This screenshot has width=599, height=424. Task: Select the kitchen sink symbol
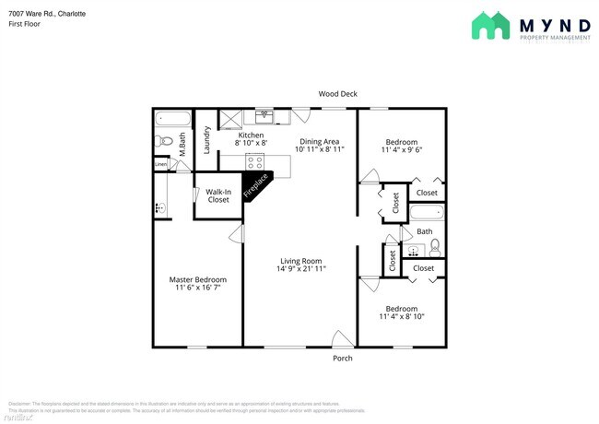coord(265,116)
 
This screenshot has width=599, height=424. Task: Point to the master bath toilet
coord(161,141)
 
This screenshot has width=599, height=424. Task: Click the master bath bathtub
coord(172,118)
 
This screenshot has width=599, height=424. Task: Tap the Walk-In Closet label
coord(218,195)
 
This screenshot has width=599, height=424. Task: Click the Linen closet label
coord(161,164)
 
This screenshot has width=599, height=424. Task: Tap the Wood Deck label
coord(337,94)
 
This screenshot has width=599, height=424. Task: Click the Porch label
coord(342,358)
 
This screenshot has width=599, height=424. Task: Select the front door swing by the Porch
coord(342,338)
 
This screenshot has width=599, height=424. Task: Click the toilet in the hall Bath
coord(435,246)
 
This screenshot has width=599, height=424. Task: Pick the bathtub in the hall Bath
coord(426,215)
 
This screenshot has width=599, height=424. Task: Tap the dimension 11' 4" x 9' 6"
coord(402,149)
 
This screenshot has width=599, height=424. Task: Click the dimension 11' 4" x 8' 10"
coord(401,317)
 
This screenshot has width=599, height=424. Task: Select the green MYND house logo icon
coord(492,26)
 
